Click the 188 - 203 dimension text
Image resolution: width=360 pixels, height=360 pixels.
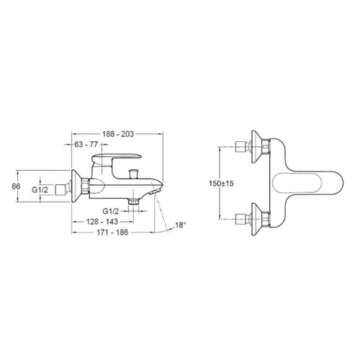pyautogui.click(x=118, y=134)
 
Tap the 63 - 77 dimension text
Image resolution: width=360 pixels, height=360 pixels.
pyautogui.click(x=86, y=145)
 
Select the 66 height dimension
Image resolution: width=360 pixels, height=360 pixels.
pyautogui.click(x=16, y=186)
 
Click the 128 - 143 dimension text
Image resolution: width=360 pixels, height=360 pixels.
pyautogui.click(x=102, y=221)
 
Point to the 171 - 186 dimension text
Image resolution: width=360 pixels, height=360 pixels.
pyautogui.click(x=112, y=232)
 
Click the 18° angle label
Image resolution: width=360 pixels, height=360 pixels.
pyautogui.click(x=181, y=225)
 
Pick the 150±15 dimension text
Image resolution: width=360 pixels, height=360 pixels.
pyautogui.click(x=221, y=184)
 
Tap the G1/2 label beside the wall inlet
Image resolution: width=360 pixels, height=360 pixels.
pyautogui.click(x=40, y=189)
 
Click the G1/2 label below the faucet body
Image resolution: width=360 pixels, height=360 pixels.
pyautogui.click(x=111, y=211)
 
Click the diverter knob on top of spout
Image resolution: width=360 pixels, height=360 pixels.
pyautogui.click(x=133, y=174)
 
